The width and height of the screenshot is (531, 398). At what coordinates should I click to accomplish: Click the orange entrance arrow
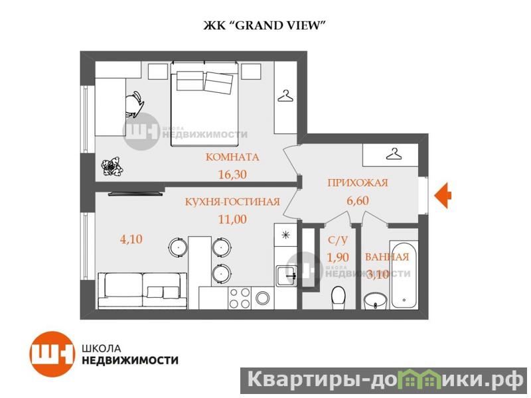443,195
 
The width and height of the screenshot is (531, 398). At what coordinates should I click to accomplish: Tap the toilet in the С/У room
338,298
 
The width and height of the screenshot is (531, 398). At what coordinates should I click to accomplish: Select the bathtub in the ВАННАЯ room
404,275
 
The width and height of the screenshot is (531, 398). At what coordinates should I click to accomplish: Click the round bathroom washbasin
376,300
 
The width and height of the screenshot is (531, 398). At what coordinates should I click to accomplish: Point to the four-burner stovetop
240,297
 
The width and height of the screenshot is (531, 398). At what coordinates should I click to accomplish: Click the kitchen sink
287,276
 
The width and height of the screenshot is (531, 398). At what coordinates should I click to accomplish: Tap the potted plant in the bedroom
112,166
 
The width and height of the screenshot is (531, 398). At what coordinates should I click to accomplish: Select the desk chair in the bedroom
135,104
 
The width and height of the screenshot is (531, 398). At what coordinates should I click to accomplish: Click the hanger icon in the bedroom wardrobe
285,96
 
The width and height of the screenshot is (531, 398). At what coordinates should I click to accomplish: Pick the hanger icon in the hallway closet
394,155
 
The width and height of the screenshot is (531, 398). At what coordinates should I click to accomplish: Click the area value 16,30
232,174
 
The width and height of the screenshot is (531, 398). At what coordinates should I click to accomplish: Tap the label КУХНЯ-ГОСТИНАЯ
233,202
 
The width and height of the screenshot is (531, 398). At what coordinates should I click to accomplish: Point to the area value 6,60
358,201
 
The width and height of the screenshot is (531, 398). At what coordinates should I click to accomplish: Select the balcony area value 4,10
131,239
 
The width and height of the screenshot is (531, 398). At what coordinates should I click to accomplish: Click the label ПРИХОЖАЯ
358,183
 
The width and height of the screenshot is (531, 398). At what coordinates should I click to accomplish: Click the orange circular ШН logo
52,354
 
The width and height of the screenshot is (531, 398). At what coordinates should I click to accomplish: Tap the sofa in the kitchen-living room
143,291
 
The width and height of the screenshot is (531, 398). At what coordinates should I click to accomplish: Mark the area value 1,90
338,257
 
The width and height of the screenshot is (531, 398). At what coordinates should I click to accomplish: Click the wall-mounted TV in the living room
135,194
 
